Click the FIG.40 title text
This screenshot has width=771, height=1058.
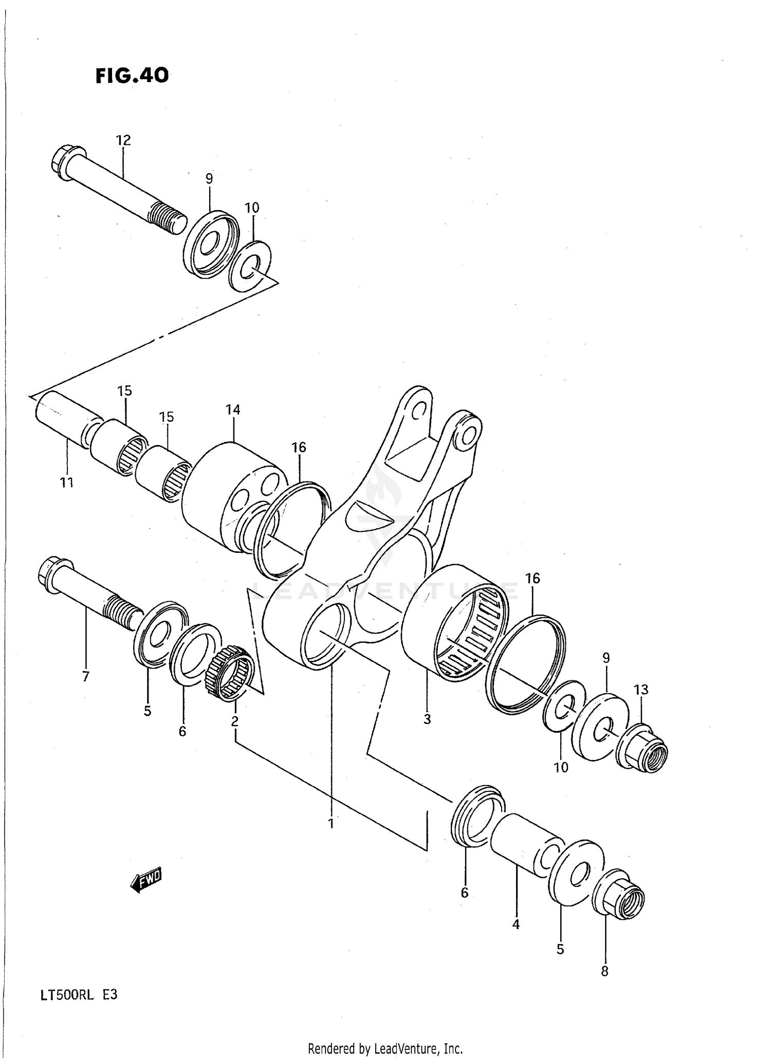[132, 76]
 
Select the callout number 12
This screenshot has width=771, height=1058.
[123, 140]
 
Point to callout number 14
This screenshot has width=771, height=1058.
[232, 410]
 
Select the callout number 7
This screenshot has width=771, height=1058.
[86, 677]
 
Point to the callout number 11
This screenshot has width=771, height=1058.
[67, 482]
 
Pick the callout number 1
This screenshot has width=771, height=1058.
[331, 823]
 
